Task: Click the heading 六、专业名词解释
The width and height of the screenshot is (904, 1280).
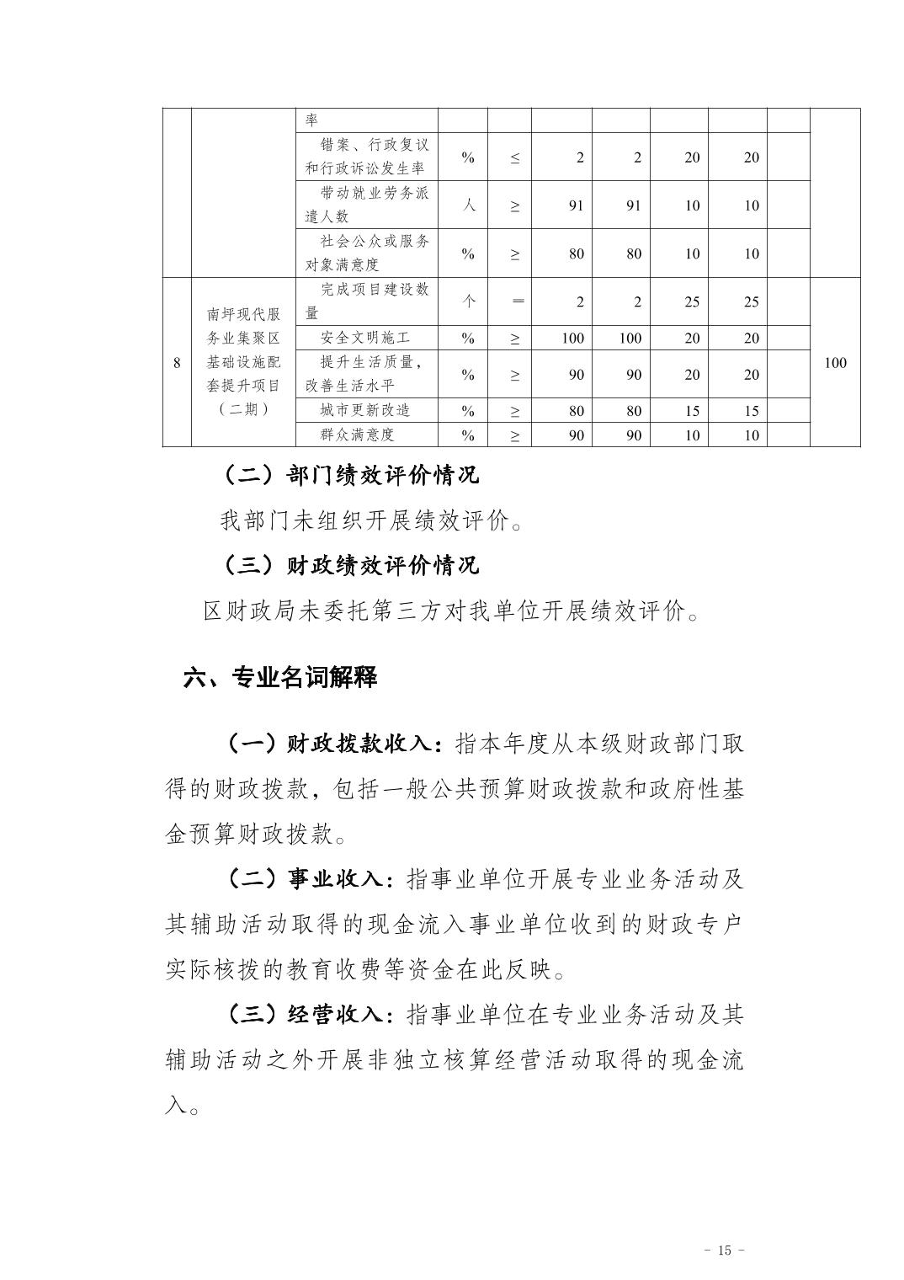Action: tap(280, 677)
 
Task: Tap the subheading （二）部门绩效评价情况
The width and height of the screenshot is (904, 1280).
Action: tap(351, 475)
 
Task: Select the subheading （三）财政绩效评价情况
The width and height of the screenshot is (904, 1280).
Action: tap(351, 564)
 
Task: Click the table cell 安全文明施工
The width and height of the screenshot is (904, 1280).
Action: tap(365, 339)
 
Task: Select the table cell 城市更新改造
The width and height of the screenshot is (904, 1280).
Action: tap(365, 411)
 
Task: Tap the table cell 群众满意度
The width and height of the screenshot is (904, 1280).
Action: tap(358, 435)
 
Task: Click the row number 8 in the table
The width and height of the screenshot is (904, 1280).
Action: tap(177, 363)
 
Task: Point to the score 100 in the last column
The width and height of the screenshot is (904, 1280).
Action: tap(835, 363)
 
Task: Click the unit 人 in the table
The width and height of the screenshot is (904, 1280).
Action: tap(469, 205)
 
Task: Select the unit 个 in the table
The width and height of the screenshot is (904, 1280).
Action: tap(469, 301)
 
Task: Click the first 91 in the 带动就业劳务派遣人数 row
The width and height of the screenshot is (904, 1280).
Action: tap(576, 205)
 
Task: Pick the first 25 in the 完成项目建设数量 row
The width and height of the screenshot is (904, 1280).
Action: tap(691, 301)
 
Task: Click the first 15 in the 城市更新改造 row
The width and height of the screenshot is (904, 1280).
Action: tap(691, 411)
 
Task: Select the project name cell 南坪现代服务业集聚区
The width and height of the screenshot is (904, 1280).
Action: tap(244, 314)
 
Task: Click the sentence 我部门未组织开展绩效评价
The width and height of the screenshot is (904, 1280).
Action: tap(370, 520)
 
